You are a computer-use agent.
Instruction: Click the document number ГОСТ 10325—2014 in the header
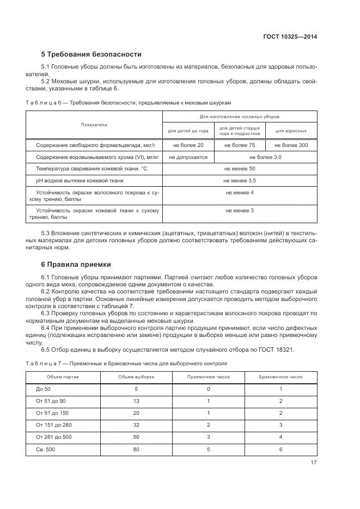click(289, 37)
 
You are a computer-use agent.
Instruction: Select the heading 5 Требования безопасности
click(91, 54)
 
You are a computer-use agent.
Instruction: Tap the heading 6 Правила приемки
click(76, 265)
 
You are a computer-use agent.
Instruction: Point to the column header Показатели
click(94, 125)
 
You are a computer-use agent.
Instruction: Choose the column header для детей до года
click(188, 131)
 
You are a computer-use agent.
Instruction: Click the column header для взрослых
click(291, 131)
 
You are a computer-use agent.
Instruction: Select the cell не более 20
click(188, 145)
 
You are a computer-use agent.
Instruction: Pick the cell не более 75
click(239, 145)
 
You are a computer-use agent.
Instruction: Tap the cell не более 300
click(291, 145)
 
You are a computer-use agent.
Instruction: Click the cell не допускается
click(188, 157)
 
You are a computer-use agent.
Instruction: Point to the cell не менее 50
click(239, 169)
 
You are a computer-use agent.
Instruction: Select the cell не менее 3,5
click(239, 180)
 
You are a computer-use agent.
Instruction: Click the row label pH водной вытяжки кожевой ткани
click(80, 180)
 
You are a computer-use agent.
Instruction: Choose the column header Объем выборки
click(136, 377)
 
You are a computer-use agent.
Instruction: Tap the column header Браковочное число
click(281, 377)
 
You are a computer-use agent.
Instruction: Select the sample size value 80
click(136, 450)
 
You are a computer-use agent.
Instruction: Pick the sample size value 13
click(136, 401)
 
